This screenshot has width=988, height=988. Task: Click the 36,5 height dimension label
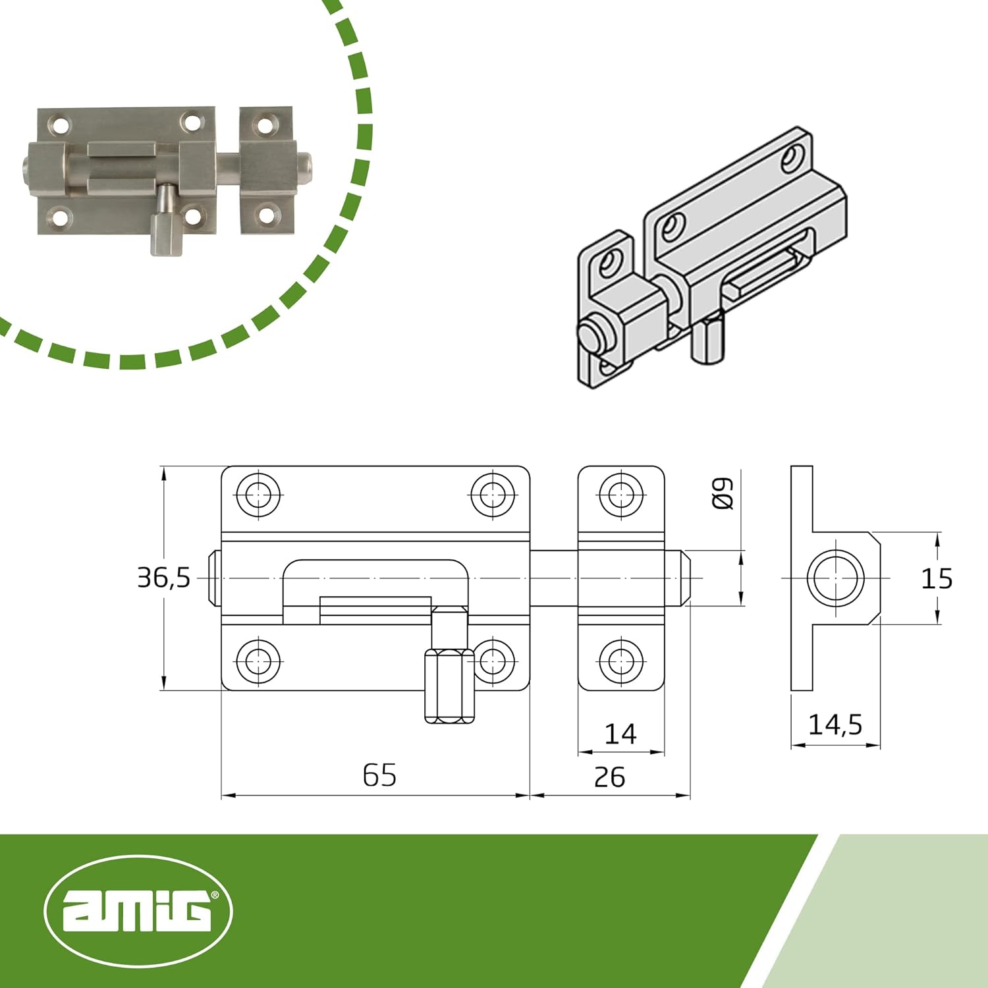point(163,578)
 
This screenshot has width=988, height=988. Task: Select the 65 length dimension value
point(379,775)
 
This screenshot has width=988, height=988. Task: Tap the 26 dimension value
point(609,777)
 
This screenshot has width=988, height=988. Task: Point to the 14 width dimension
point(620,734)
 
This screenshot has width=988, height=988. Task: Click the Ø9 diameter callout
point(723,493)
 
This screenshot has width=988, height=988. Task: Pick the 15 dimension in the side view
point(936,578)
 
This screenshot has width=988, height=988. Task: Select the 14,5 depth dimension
point(835,725)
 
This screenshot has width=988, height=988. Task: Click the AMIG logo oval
point(138,912)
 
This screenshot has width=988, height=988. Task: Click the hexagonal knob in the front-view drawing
point(449,686)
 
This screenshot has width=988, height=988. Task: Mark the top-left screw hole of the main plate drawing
point(258,493)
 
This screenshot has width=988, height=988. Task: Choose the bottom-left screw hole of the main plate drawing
point(258,661)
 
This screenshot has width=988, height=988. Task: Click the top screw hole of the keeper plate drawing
point(620,493)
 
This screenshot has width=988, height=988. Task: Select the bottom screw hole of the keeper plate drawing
point(620,661)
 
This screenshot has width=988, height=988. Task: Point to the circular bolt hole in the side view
point(836,578)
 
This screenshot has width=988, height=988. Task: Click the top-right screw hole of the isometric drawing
point(793,157)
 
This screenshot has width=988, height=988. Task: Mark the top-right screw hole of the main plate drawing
point(493,493)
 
